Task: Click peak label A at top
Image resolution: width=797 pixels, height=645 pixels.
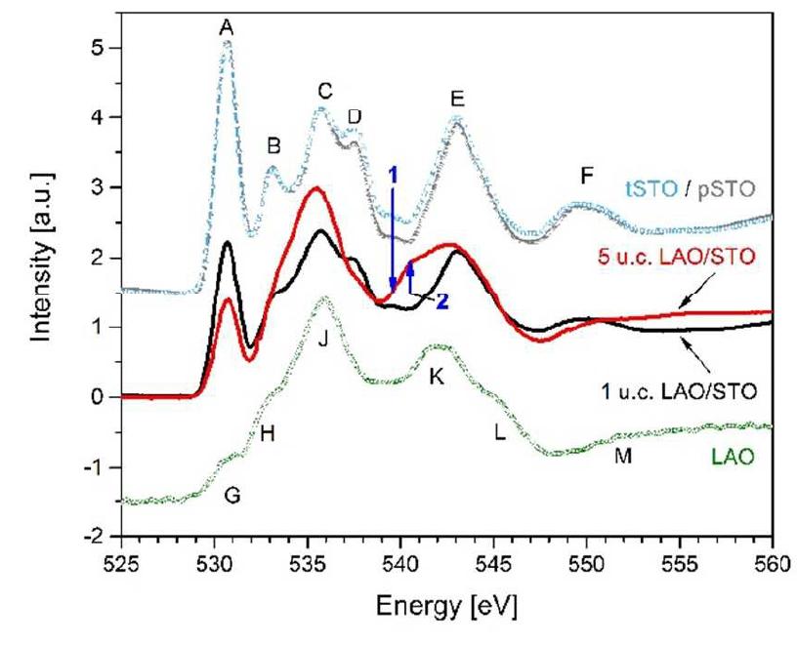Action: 227,29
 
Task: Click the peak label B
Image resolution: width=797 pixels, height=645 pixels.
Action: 274,146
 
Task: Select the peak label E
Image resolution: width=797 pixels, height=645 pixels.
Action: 456,99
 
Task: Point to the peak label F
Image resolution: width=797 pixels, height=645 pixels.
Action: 586,176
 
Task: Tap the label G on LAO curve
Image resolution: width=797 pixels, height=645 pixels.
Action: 231,495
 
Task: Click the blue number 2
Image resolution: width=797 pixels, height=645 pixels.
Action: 441,302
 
